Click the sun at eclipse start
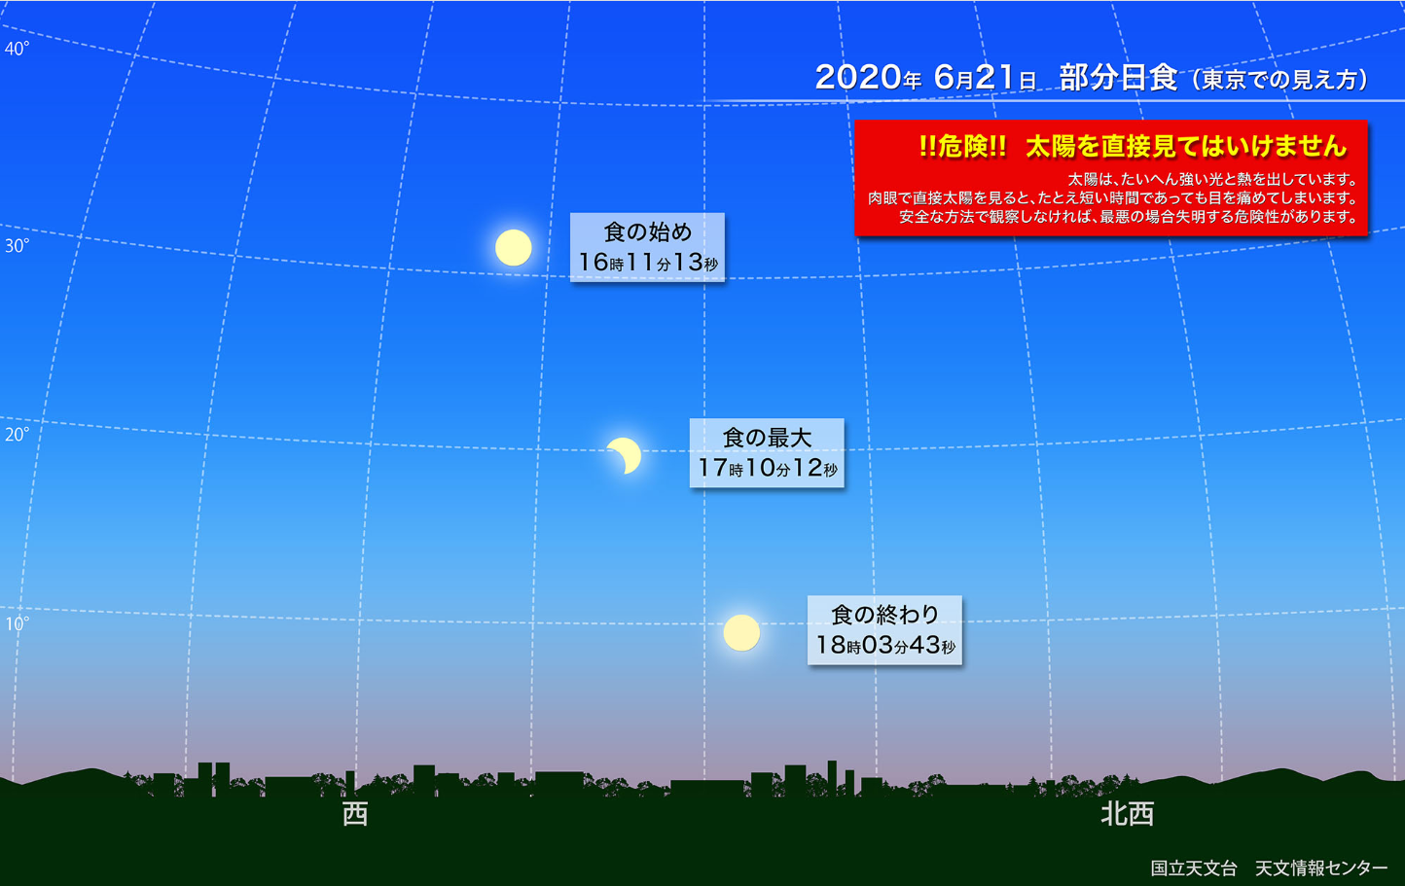pyautogui.click(x=513, y=248)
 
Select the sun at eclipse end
pyautogui.click(x=741, y=633)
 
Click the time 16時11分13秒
pyautogui.click(x=648, y=263)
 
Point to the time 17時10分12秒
pyautogui.click(x=767, y=468)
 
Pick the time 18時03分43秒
pyautogui.click(x=885, y=645)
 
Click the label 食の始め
pyautogui.click(x=648, y=232)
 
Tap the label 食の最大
pyautogui.click(x=767, y=438)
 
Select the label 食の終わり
pyautogui.click(x=885, y=615)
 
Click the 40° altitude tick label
pyautogui.click(x=17, y=49)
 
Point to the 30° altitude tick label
pyautogui.click(x=17, y=246)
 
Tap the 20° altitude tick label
pyautogui.click(x=17, y=435)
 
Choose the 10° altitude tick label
pyautogui.click(x=17, y=624)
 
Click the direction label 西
pyautogui.click(x=355, y=814)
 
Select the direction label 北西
pyautogui.click(x=1128, y=814)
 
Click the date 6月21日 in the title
pyautogui.click(x=984, y=78)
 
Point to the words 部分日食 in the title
pyautogui.click(x=1118, y=78)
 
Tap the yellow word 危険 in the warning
pyautogui.click(x=963, y=146)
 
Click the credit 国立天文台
pyautogui.click(x=1194, y=868)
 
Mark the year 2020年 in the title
pyautogui.click(x=868, y=78)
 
